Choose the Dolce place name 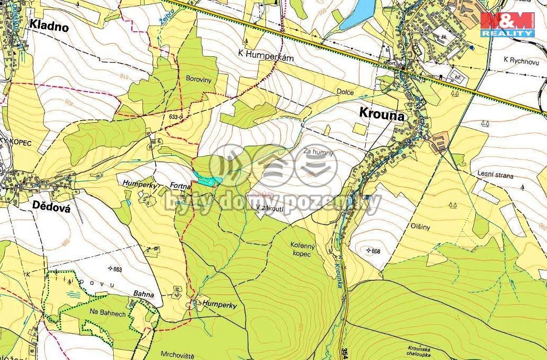click(345, 91)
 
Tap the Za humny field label click(318, 153)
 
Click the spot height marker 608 click(369, 250)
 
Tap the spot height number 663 click(117, 270)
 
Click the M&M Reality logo click(507, 24)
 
